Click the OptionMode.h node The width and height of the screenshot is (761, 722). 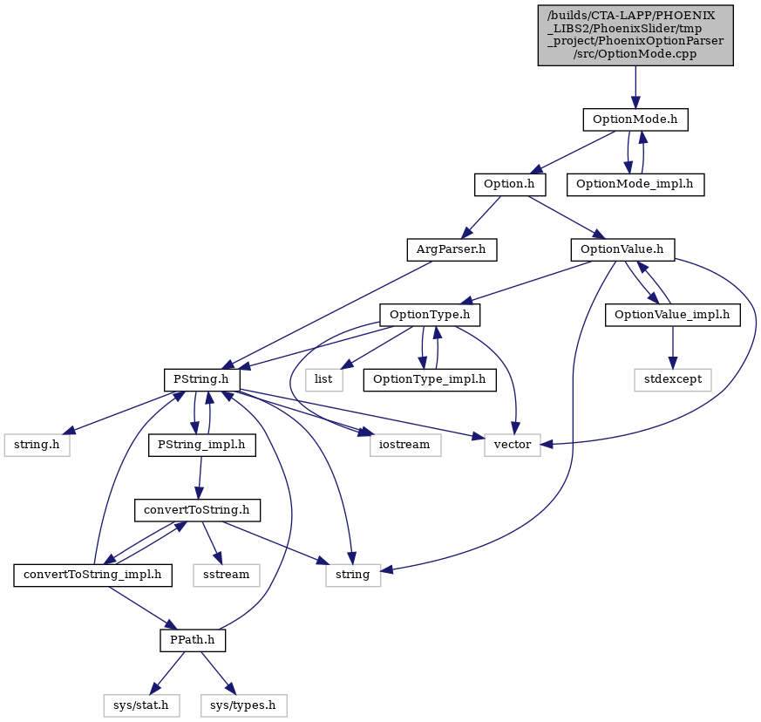[635, 119]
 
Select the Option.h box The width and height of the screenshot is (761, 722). [510, 185]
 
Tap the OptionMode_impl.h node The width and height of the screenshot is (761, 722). [635, 185]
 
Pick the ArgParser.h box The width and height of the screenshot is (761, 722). [452, 249]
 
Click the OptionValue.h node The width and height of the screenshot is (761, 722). [622, 249]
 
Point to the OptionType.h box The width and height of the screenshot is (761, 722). [430, 315]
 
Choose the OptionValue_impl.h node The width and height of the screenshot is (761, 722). [673, 315]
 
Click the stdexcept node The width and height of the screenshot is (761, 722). [673, 379]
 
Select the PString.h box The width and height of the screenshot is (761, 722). [202, 379]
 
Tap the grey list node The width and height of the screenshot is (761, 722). [324, 379]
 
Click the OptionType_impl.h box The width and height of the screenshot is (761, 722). [430, 379]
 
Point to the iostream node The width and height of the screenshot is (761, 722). [405, 445]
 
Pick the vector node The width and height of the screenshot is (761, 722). [513, 445]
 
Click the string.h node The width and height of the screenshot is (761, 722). [37, 445]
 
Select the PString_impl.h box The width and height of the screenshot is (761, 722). [202, 445]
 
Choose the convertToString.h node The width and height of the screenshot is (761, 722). [198, 510]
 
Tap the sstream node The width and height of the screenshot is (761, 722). [227, 576]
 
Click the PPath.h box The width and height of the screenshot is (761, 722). [193, 640]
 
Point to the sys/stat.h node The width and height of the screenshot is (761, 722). [141, 705]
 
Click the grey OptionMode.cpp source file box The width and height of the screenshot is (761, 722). [635, 36]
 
